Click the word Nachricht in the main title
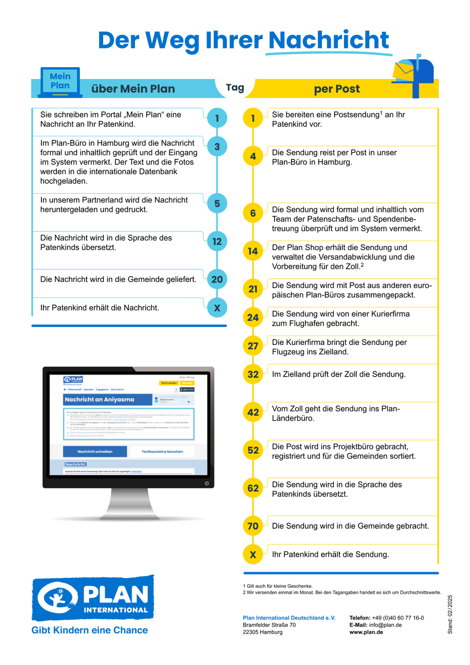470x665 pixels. click(329, 40)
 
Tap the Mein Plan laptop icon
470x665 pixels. click(60, 82)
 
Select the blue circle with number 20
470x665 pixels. click(217, 279)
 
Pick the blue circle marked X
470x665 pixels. click(217, 308)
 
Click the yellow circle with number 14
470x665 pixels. click(253, 251)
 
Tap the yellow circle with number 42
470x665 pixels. click(253, 412)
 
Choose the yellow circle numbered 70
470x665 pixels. click(253, 526)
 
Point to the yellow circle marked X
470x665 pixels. click(253, 555)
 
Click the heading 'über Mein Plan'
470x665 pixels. click(133, 89)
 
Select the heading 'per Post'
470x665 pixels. click(337, 89)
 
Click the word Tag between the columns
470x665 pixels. click(235, 87)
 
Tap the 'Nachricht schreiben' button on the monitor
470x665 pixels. click(95, 452)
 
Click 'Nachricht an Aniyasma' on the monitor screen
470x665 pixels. click(100, 399)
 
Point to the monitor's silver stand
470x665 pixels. click(130, 505)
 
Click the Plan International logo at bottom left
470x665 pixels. click(93, 598)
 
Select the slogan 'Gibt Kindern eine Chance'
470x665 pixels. click(90, 630)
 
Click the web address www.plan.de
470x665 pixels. click(366, 632)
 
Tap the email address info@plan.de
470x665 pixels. click(385, 625)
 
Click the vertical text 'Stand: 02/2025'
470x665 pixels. click(450, 614)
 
